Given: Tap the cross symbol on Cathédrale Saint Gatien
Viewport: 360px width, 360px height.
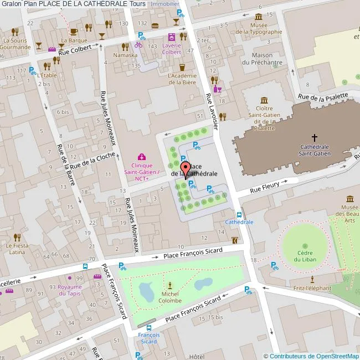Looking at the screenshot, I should [x=315, y=137].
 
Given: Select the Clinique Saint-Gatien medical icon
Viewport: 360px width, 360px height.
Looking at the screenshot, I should [x=142, y=157].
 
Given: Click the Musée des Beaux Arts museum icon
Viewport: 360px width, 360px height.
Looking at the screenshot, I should [x=350, y=199].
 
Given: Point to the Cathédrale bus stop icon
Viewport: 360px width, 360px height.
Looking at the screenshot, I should [x=239, y=214].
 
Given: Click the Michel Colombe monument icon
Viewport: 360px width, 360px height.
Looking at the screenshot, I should [x=170, y=284].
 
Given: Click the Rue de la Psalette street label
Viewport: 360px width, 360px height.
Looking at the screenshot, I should [x=323, y=96].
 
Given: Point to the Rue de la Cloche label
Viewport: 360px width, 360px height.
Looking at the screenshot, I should [x=92, y=161].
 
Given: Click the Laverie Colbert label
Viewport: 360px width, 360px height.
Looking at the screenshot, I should [x=172, y=49].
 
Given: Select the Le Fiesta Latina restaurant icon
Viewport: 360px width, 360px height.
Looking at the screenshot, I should [x=17, y=238].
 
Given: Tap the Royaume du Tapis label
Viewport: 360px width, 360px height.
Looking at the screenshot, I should [x=70, y=290].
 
